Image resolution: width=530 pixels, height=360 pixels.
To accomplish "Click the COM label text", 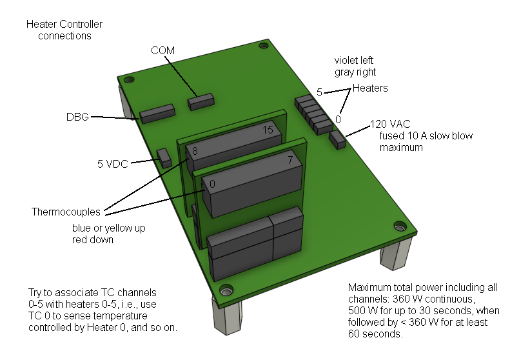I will [x=162, y=50].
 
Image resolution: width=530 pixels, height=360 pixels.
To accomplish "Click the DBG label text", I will [x=77, y=117].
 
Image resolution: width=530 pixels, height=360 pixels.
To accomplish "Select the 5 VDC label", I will [x=110, y=163].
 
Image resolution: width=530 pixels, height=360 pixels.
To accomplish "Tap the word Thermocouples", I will [x=65, y=212].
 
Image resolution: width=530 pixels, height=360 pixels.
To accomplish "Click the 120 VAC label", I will [x=390, y=124].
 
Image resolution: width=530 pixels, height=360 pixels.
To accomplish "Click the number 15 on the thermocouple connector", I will [x=269, y=130].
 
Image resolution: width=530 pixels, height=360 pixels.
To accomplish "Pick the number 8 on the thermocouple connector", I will [x=195, y=151].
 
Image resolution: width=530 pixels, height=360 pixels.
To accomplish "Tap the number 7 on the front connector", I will [x=290, y=159].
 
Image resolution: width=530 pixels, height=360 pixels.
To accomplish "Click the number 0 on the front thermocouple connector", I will [x=212, y=185].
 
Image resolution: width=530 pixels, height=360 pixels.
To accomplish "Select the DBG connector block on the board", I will [x=157, y=113].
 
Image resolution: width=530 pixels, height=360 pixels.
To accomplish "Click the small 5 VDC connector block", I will [x=164, y=157].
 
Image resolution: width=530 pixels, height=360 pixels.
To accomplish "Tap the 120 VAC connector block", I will [x=337, y=139].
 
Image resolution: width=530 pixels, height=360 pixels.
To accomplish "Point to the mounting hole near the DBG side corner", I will [x=129, y=80].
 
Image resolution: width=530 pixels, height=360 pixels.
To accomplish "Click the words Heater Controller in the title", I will [x=64, y=25].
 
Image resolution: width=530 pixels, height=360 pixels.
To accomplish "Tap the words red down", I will [x=92, y=240].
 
